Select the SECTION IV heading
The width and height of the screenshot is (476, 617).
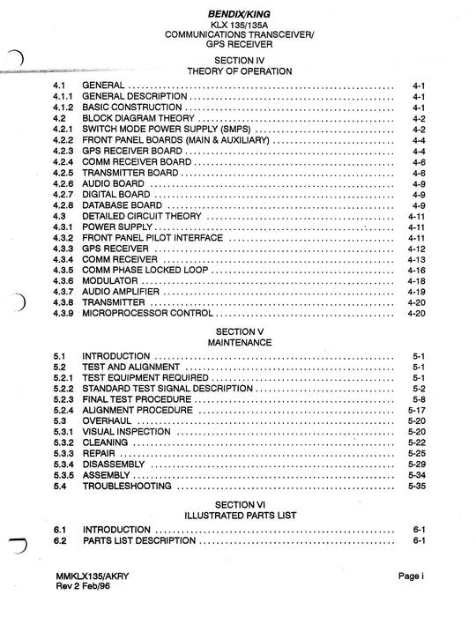tap(240, 59)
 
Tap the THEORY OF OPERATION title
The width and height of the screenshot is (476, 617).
tap(240, 71)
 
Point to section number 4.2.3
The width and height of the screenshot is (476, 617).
tap(62, 152)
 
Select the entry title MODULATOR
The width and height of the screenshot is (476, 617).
tap(115, 281)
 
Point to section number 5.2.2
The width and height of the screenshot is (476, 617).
tap(62, 389)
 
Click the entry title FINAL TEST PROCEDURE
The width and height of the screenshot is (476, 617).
tap(137, 399)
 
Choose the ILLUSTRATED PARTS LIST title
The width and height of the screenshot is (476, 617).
tap(240, 514)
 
